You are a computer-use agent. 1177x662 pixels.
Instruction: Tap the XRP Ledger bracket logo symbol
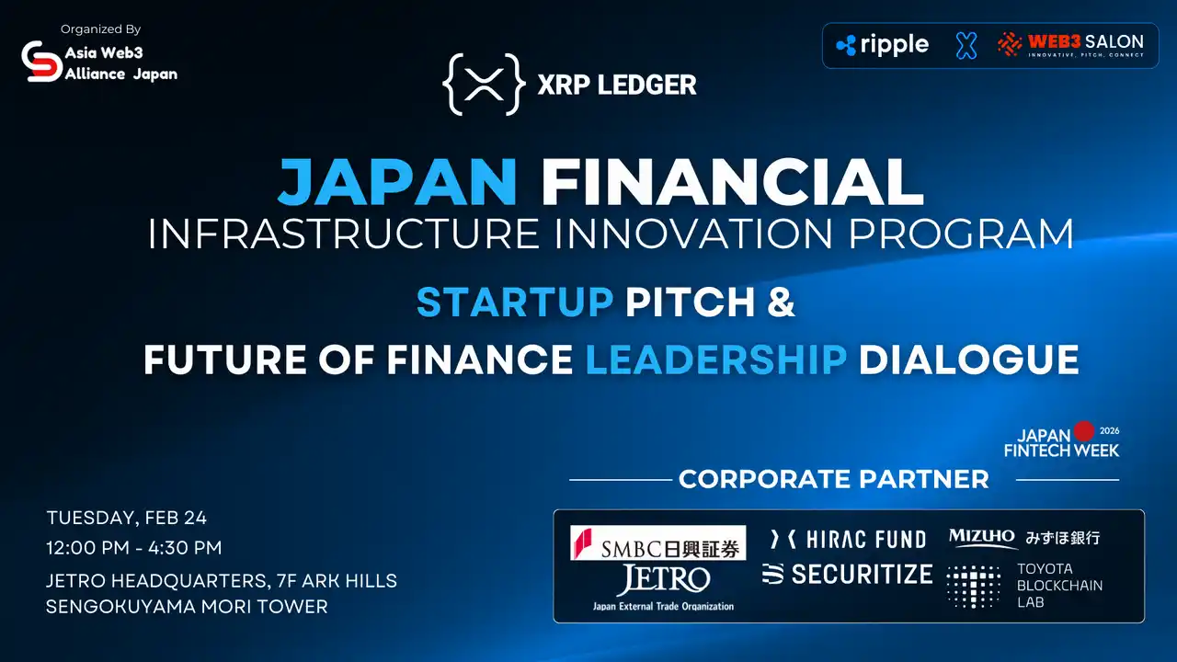[484, 85]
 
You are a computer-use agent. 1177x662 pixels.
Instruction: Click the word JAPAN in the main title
[397, 182]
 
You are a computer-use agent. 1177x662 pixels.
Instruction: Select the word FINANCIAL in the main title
[732, 182]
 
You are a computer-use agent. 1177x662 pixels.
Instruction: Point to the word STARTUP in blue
[515, 302]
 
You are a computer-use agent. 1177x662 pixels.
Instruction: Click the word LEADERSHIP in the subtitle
[716, 359]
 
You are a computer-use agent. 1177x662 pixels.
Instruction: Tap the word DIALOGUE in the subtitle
[969, 359]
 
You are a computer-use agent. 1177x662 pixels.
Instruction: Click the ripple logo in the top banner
[883, 44]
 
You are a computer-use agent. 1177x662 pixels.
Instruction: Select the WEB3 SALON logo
[1071, 44]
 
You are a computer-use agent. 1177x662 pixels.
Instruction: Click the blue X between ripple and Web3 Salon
[966, 45]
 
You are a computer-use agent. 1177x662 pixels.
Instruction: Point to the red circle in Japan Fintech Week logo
[1085, 430]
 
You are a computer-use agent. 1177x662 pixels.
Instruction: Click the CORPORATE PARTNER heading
[833, 479]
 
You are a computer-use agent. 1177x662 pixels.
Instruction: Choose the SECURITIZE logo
[847, 574]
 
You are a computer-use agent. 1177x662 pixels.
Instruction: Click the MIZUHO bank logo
[1023, 538]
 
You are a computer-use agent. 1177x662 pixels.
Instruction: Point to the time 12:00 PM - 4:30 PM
[134, 548]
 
